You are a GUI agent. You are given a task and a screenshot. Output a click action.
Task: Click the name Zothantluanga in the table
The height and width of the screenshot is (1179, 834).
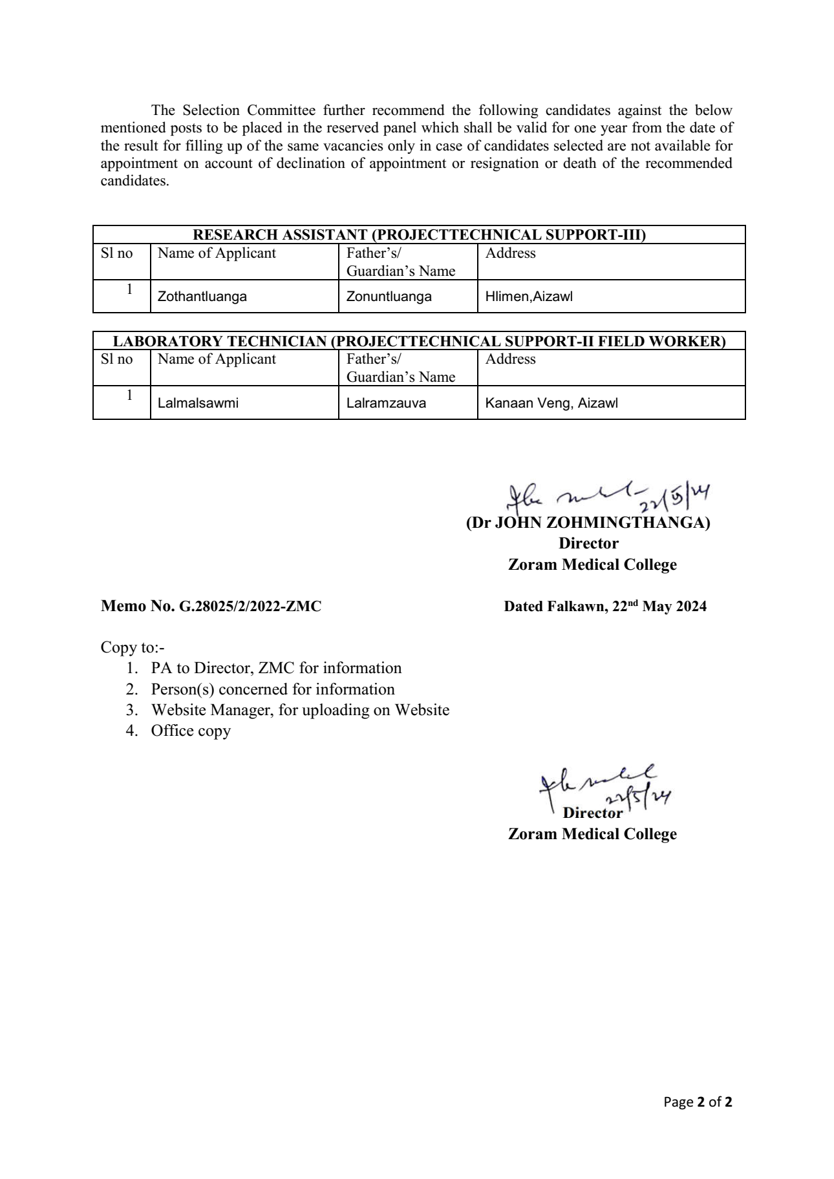[x=202, y=297]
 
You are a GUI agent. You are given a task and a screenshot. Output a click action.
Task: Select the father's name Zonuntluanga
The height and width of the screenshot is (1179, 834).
[x=389, y=297]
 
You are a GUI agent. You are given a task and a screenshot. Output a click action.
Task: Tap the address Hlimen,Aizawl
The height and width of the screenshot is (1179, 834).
[x=529, y=297]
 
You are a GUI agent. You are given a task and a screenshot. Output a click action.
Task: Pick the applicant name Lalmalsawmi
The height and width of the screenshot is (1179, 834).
[x=198, y=403]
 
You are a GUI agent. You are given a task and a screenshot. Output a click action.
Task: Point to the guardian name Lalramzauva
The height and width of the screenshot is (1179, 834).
[x=386, y=403]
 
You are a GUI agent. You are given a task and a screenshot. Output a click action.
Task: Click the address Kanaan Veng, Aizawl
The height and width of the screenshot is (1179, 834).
[x=551, y=403]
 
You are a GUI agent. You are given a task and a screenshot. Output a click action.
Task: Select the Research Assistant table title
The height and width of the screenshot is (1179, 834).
[x=420, y=235]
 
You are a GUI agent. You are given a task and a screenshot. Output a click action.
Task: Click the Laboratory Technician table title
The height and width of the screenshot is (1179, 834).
[x=420, y=341]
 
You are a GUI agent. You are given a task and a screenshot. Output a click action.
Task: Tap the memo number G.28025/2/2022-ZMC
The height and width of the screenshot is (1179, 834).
[x=211, y=607]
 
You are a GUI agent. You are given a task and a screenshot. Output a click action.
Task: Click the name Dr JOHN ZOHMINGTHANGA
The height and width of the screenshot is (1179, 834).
[x=588, y=523]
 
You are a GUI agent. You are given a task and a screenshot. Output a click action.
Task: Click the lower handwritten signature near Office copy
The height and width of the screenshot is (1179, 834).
[x=602, y=788]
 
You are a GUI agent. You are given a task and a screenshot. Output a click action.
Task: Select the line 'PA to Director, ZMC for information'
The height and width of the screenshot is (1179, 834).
[x=276, y=668]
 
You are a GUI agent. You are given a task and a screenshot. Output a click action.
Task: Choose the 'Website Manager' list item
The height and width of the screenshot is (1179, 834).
[x=300, y=710]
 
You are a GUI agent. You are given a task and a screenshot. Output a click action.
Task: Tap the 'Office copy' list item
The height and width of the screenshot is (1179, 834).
[x=191, y=731]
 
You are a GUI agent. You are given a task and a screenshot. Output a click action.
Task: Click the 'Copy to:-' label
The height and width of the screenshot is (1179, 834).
[x=133, y=647]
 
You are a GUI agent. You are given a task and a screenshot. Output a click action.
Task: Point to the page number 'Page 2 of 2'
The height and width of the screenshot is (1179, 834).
[x=698, y=1102]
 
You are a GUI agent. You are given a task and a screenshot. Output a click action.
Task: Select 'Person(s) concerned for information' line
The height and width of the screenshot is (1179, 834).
[x=273, y=689]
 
